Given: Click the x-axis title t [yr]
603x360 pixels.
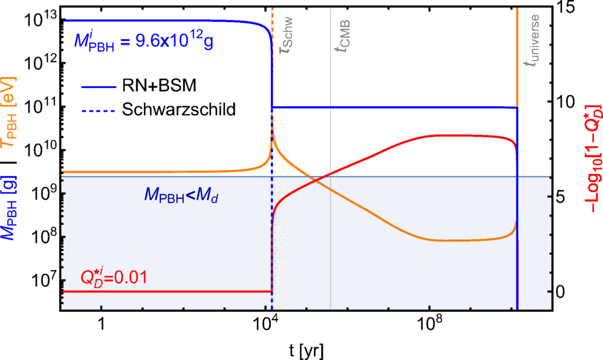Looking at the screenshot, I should tap(307, 350).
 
